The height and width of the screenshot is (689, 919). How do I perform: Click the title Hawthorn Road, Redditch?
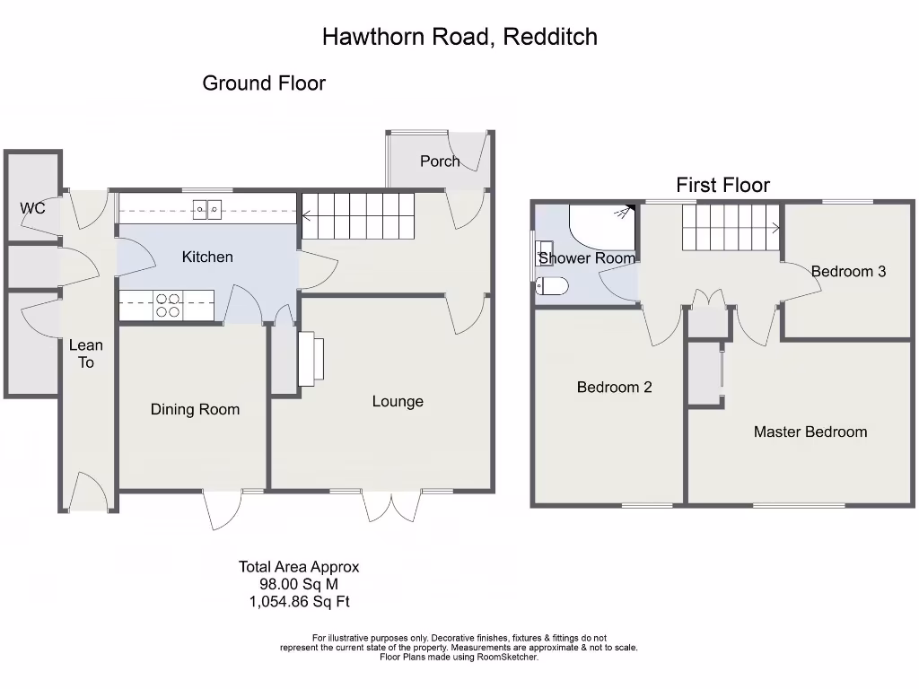point(459,37)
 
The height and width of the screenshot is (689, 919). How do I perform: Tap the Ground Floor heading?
point(264,83)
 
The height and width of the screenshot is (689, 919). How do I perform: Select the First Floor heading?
point(722,186)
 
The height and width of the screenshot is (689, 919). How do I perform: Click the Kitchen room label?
point(207,257)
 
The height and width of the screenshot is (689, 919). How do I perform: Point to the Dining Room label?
point(195,410)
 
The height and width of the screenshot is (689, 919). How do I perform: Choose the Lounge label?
point(398,401)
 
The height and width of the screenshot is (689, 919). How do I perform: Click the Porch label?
point(440,161)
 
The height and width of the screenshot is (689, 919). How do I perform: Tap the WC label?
point(33,209)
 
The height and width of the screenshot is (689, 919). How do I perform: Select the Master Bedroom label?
point(810,432)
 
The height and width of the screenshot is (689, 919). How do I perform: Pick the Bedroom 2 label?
point(614,388)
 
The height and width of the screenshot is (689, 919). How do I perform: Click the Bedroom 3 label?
point(848,271)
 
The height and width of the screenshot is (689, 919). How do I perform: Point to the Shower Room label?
point(587,258)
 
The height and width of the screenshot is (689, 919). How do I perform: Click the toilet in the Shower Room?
point(552,286)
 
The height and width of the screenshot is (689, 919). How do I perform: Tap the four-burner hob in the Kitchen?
point(168,306)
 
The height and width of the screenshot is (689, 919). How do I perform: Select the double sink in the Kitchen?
point(207,210)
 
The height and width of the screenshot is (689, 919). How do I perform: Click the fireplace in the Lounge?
point(306,359)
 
